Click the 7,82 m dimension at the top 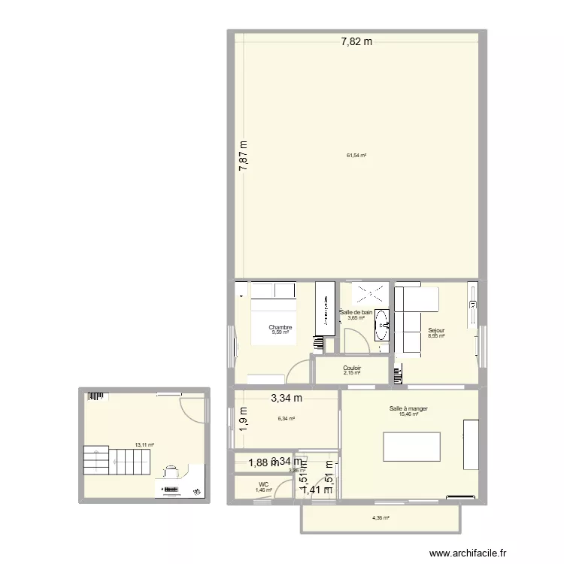(x=356, y=42)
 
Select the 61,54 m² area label (x=356, y=156)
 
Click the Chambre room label (x=280, y=328)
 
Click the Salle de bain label (x=356, y=312)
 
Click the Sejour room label (x=436, y=330)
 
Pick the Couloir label (x=352, y=368)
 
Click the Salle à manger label (x=408, y=408)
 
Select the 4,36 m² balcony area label (x=381, y=517)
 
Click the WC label (x=263, y=484)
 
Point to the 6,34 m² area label (x=286, y=419)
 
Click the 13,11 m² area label (x=144, y=444)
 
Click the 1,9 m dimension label (x=243, y=416)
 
